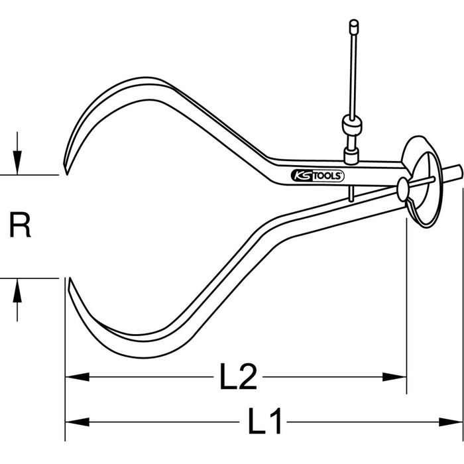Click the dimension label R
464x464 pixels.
[x=20, y=225]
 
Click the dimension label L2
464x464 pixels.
[x=238, y=376]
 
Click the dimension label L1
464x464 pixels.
[x=264, y=421]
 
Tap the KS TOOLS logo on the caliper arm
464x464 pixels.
[x=318, y=176]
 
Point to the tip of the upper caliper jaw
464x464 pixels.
[x=67, y=174]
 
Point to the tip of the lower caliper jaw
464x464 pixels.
[x=69, y=278]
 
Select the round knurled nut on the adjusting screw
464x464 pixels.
[x=352, y=125]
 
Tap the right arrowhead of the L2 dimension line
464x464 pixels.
[x=394, y=377]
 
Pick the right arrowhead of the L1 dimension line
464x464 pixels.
[x=450, y=422]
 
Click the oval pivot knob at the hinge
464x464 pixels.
[x=403, y=190]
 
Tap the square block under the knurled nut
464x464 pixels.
[x=352, y=156]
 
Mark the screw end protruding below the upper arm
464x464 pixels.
[x=351, y=194]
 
